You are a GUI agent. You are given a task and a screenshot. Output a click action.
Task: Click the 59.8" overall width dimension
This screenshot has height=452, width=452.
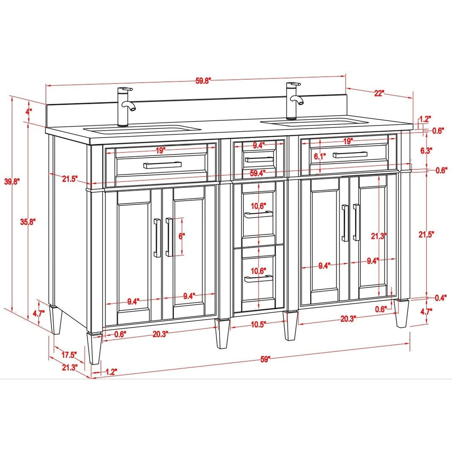(x=203, y=80)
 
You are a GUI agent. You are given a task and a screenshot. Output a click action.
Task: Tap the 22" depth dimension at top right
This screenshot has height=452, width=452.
(x=378, y=93)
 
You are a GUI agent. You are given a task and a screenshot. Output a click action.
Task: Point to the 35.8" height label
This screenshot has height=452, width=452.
(x=28, y=222)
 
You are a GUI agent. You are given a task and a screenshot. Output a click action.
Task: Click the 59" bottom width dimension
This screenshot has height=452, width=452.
(x=265, y=359)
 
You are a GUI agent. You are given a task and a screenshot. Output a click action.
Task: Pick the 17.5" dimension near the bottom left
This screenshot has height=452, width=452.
(x=69, y=355)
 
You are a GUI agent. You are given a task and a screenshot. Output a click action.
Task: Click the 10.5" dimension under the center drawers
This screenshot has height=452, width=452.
(x=258, y=324)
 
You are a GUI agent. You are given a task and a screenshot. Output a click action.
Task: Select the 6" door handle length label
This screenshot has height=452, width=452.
(x=182, y=236)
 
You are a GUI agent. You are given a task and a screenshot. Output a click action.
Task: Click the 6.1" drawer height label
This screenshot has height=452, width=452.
(x=320, y=156)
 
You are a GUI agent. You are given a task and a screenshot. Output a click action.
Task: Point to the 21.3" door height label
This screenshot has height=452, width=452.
(x=379, y=236)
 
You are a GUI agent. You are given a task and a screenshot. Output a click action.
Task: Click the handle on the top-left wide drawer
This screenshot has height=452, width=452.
(x=162, y=165)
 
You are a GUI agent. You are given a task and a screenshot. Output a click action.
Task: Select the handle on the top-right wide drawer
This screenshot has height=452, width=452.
(x=350, y=155)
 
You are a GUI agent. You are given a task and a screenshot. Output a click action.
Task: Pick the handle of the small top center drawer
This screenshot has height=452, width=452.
(x=259, y=160)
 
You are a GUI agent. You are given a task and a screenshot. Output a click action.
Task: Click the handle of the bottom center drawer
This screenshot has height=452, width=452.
(x=258, y=279)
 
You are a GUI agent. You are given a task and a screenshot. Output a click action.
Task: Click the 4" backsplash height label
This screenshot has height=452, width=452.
(x=29, y=111)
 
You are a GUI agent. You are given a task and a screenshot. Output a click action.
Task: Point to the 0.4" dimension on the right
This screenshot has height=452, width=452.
(x=440, y=298)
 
